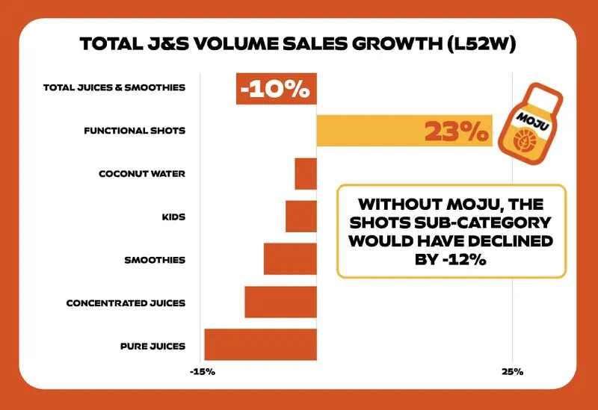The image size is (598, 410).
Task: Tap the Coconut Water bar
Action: tap(306, 174)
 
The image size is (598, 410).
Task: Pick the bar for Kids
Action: tap(301, 217)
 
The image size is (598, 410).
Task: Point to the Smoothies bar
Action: tap(290, 260)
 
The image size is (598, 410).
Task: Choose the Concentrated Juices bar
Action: tap(280, 302)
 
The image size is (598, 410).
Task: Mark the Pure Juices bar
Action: tap(260, 345)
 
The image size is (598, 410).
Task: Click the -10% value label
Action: tap(275, 89)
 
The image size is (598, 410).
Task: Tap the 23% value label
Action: tap(456, 131)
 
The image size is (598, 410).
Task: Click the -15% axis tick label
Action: tap(203, 371)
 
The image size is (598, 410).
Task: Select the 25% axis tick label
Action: tap(512, 371)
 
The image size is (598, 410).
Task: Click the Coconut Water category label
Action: tap(142, 174)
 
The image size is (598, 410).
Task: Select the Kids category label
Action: tap(173, 217)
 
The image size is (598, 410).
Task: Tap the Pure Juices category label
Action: tap(152, 346)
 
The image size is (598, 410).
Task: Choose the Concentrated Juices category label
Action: tap(126, 303)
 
